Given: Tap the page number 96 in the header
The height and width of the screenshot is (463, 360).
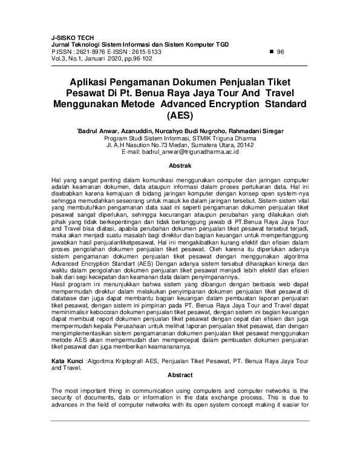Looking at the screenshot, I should coord(280,53).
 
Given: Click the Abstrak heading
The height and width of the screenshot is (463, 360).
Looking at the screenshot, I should coord(180,165).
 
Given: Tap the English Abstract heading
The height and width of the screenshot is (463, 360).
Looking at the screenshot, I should coord(180,375).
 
